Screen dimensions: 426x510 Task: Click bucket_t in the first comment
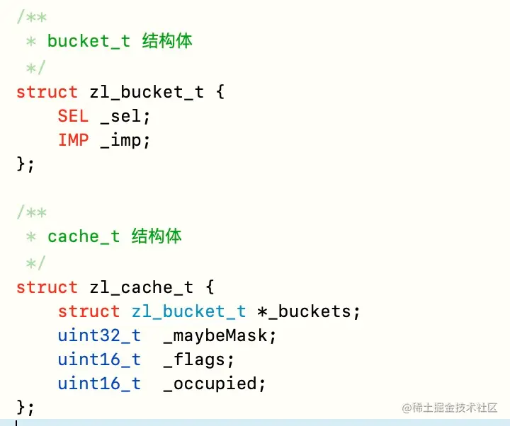pyautogui.click(x=89, y=41)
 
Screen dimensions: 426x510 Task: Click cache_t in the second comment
pyautogui.click(x=84, y=236)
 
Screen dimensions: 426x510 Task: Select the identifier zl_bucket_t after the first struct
pyautogui.click(x=147, y=92)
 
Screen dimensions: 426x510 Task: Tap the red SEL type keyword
pyautogui.click(x=73, y=116)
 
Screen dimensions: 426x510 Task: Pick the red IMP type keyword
pyautogui.click(x=73, y=140)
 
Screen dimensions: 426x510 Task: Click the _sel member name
pyautogui.click(x=125, y=116)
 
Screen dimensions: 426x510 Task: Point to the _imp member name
pyautogui.click(x=125, y=140)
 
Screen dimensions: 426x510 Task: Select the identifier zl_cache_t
pyautogui.click(x=142, y=287)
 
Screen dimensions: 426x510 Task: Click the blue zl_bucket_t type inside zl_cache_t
pyautogui.click(x=188, y=311)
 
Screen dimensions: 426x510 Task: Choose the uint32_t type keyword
pyautogui.click(x=99, y=335)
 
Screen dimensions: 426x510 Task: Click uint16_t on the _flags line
pyautogui.click(x=99, y=359)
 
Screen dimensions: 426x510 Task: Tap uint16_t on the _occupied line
pyautogui.click(x=99, y=384)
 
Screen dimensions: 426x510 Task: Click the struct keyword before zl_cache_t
pyautogui.click(x=47, y=287)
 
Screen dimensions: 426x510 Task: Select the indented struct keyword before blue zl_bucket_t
pyautogui.click(x=89, y=311)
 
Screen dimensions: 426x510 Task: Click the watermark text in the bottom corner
pyautogui.click(x=450, y=408)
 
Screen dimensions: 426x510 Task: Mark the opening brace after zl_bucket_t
pyautogui.click(x=220, y=92)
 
